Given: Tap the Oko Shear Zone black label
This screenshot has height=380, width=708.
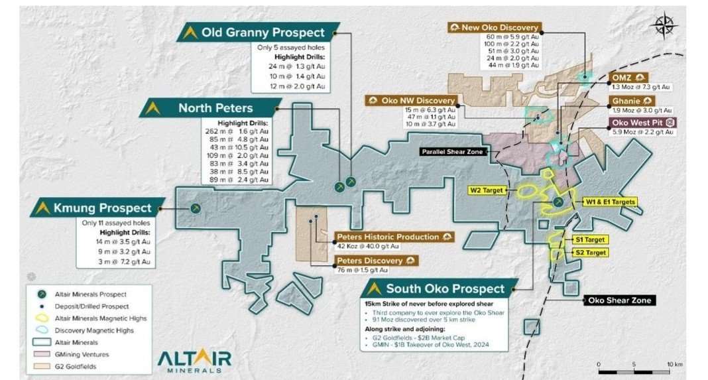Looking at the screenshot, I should click(620, 300).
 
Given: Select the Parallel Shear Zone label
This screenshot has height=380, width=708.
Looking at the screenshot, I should click(455, 152).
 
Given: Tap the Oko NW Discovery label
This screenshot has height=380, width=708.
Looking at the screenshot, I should click(410, 100).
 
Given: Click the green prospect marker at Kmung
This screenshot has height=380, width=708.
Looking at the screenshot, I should click(196, 208).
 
